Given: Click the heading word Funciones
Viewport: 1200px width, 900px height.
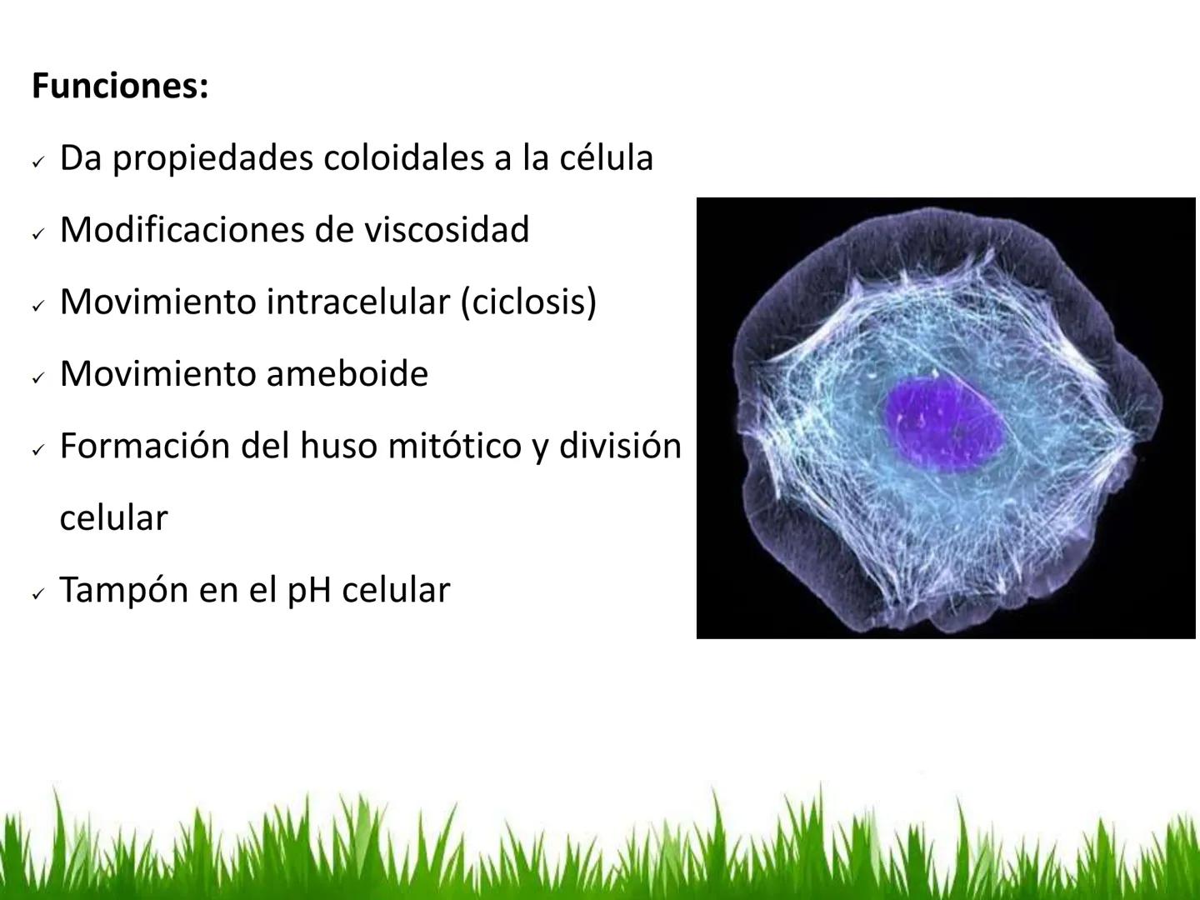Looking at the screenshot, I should pos(119,86).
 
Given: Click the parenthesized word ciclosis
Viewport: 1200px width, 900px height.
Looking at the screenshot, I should pos(529,302).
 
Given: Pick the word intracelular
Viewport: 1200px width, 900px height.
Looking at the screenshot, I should pos(358,302).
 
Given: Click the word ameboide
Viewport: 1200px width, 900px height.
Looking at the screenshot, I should pos(347,373).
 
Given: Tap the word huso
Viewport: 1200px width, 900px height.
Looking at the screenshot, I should pos(333,446).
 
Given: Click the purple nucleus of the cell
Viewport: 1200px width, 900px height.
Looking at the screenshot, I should pos(943,422).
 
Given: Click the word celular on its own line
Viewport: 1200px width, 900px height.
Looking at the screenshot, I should pos(114,517).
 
